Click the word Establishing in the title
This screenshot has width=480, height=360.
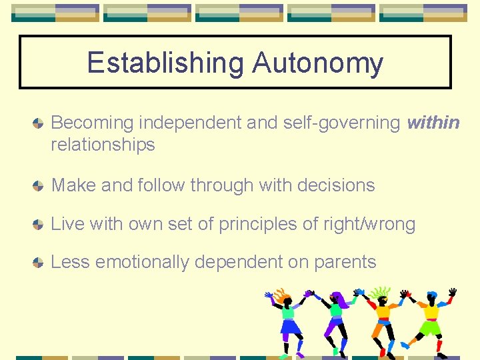(166, 63)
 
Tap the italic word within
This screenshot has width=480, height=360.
(433, 123)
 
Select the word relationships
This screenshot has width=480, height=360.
(103, 145)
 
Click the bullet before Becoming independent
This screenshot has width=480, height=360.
(39, 124)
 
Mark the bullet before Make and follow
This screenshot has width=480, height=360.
(39, 186)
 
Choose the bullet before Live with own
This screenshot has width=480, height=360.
(39, 225)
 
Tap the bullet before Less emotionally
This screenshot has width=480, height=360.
(39, 263)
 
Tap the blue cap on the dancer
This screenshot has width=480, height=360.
(431, 295)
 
